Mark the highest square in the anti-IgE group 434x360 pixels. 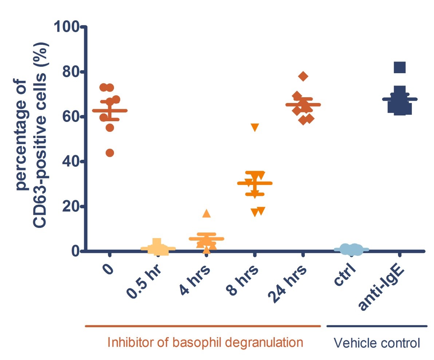(x=399, y=67)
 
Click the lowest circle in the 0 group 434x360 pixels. (x=110, y=153)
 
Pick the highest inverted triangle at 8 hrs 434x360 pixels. (x=255, y=127)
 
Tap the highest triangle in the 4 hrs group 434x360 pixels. (x=206, y=214)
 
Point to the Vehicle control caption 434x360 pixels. (x=377, y=343)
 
